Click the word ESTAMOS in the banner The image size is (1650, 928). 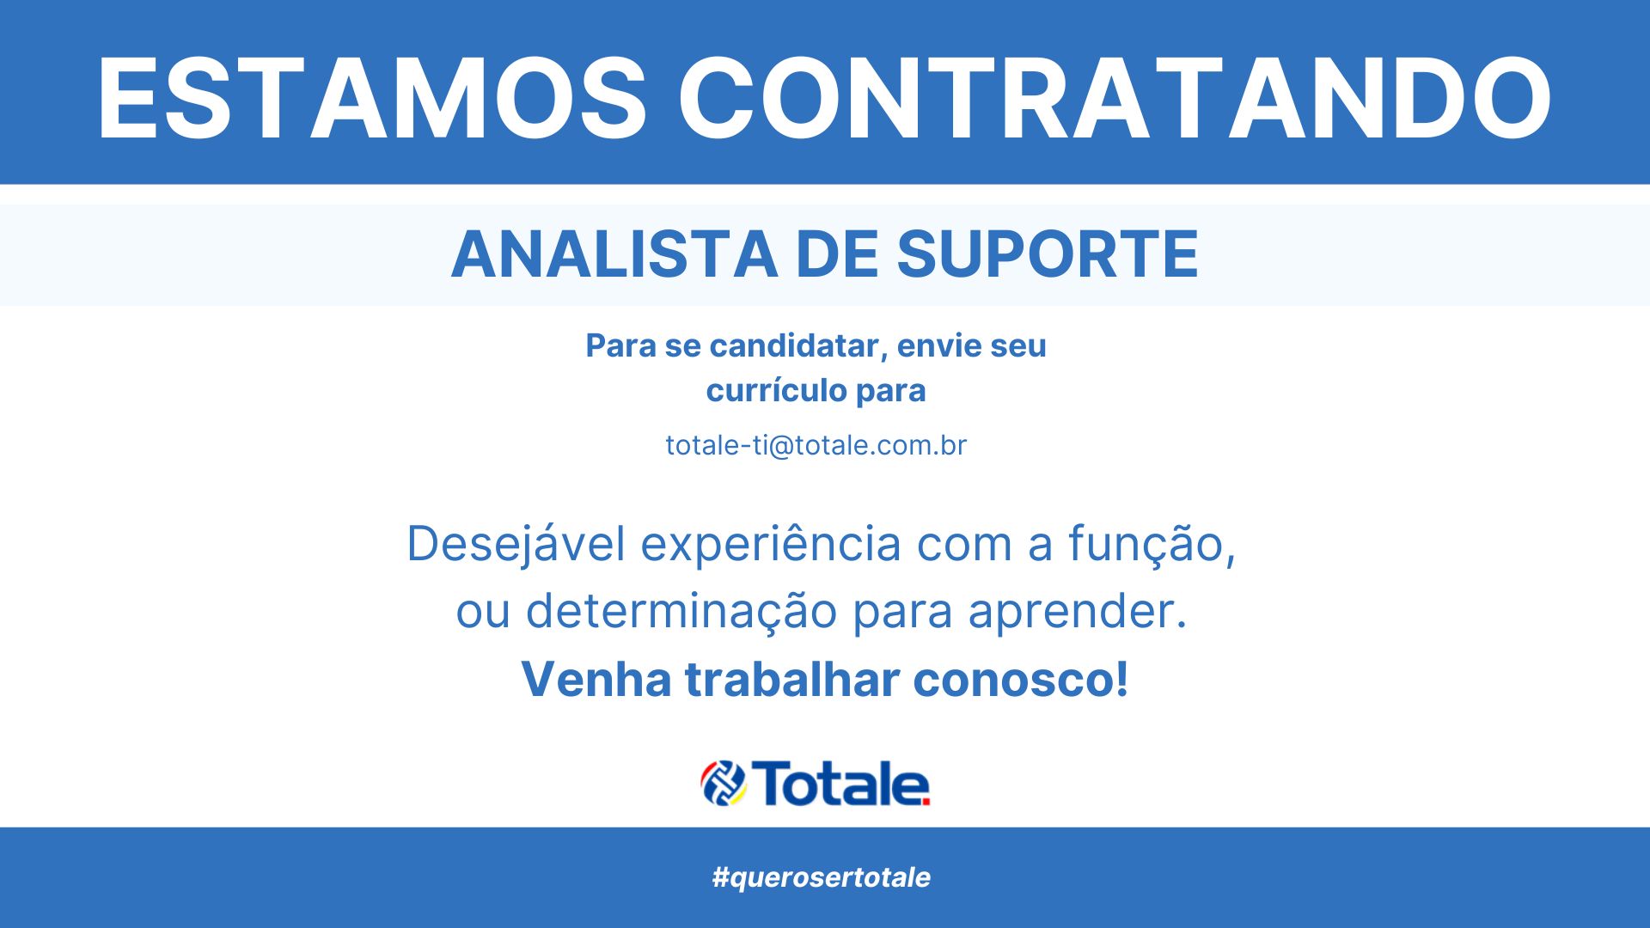(371, 98)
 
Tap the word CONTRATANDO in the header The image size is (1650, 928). (1115, 98)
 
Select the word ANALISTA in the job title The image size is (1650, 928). (614, 254)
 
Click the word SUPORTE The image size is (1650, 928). (1048, 254)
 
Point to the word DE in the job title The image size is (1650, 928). (837, 254)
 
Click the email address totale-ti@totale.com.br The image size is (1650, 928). (816, 445)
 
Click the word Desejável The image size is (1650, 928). (516, 545)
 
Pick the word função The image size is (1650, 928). (1152, 545)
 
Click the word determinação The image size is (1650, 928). (681, 612)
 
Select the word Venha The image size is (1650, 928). (596, 679)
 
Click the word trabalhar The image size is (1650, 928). (791, 679)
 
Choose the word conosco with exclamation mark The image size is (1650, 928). (1021, 679)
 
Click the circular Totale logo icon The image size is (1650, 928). (724, 784)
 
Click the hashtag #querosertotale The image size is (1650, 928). (822, 877)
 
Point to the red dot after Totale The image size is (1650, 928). (925, 802)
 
